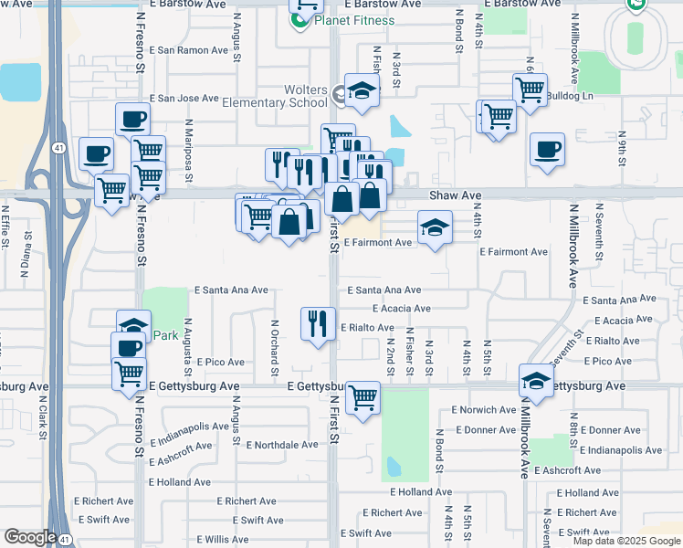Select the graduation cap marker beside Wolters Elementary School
click(x=363, y=91)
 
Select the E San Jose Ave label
click(x=184, y=98)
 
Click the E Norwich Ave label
click(x=484, y=410)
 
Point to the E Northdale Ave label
click(x=282, y=445)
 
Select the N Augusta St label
click(x=187, y=347)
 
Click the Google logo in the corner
click(x=30, y=537)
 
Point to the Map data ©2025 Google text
click(x=625, y=541)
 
